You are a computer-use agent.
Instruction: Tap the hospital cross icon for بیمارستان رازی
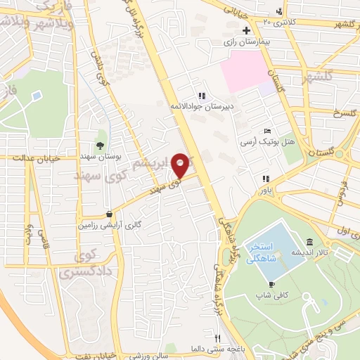[245, 30]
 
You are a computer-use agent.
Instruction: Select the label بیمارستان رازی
[247, 42]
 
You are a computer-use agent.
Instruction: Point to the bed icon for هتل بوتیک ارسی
[266, 131]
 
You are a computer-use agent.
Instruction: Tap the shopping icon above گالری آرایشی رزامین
[108, 214]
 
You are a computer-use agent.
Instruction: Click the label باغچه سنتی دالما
[210, 349]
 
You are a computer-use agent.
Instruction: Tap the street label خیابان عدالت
[28, 158]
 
